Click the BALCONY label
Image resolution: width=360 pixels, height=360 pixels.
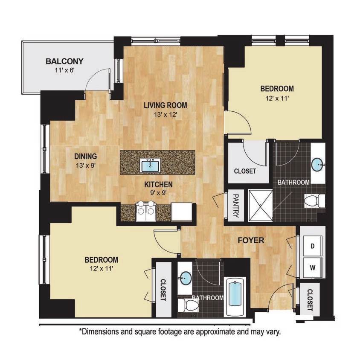64,61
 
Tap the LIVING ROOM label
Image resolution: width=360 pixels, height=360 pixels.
165,105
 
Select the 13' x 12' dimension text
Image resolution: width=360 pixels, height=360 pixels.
165,114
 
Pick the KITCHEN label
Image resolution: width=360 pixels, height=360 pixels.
158,184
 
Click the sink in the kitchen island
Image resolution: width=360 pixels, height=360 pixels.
150,164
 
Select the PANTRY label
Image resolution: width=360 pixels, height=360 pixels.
235,206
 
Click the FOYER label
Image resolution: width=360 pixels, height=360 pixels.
251,241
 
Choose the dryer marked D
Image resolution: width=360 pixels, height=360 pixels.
312,247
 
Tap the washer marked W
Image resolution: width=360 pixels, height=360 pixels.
312,268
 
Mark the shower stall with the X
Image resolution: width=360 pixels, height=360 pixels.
260,205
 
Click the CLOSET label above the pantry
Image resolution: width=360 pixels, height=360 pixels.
245,171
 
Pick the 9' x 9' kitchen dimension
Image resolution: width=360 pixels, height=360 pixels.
158,193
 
